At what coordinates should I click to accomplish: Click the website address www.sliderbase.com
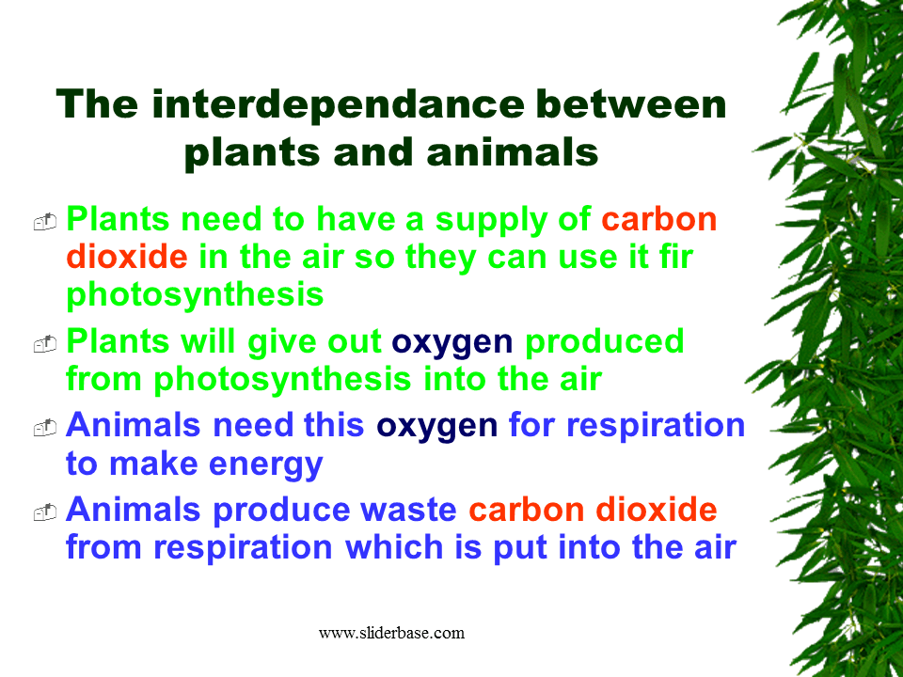(391, 633)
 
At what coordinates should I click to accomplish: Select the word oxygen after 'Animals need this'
(436, 426)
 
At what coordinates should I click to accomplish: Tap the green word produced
(604, 341)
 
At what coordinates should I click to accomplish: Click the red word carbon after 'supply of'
(659, 219)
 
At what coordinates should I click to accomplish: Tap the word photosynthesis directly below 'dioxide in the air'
(195, 294)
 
